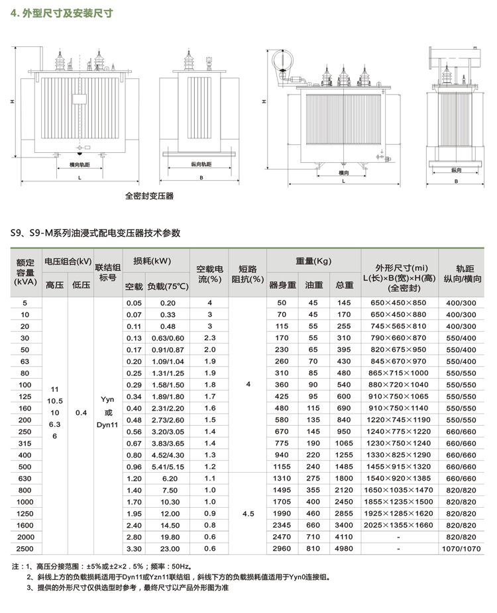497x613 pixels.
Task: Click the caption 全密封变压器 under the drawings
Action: tap(149, 196)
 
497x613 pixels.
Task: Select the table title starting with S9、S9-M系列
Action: tap(95, 233)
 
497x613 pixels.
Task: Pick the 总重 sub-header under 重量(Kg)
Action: tap(344, 285)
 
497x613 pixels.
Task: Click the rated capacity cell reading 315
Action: tap(25, 443)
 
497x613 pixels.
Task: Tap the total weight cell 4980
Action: tap(344, 549)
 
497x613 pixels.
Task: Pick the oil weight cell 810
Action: tap(313, 549)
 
